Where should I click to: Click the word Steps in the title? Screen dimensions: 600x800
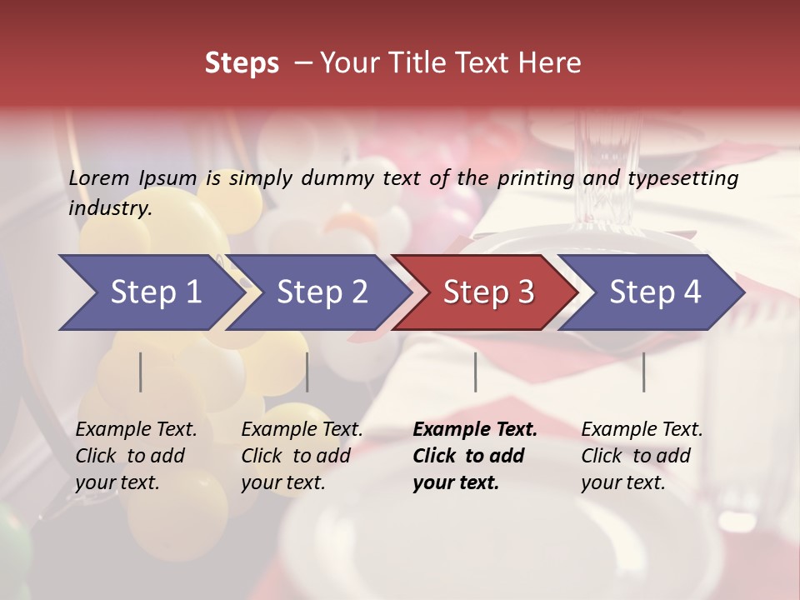(x=242, y=63)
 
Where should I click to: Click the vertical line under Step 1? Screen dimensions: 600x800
(x=141, y=372)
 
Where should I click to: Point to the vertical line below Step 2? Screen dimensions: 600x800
(x=307, y=372)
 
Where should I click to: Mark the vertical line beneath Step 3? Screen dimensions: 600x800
(x=475, y=372)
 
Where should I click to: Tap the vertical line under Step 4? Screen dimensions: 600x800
(x=643, y=372)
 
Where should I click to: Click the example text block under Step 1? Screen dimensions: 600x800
(x=136, y=456)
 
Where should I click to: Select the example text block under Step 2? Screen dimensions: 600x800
(x=302, y=456)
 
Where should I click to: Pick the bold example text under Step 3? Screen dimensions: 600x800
(x=475, y=456)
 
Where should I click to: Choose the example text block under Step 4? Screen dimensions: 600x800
(x=642, y=456)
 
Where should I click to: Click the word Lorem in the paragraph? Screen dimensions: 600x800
(x=98, y=178)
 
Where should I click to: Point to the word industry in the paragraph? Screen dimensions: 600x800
(x=110, y=208)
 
